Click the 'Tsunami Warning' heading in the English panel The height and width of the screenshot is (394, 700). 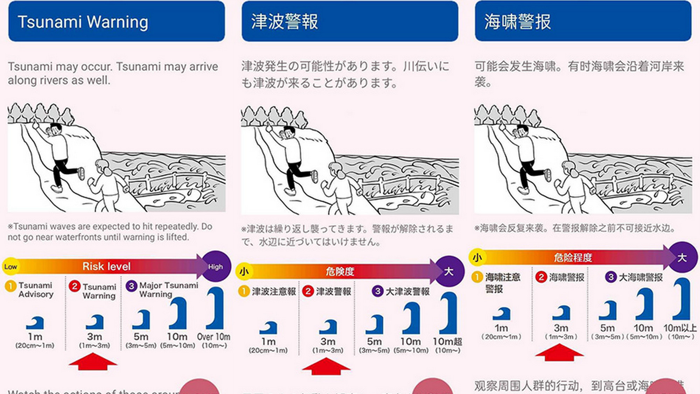[x=83, y=22]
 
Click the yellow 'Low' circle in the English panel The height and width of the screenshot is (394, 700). [x=10, y=267]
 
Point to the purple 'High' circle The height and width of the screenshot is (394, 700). [x=216, y=267]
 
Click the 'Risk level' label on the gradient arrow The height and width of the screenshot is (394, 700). [x=106, y=267]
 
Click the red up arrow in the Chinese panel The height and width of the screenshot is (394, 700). [x=559, y=352]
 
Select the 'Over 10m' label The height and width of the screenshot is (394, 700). [x=213, y=337]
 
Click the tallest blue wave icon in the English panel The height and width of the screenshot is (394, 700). [x=216, y=308]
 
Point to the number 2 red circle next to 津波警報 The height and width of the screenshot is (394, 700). [x=308, y=291]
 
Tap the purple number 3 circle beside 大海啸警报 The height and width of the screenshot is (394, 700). [x=611, y=277]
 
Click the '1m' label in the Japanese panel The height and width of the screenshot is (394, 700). [x=268, y=341]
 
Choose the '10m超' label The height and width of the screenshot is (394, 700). [x=447, y=341]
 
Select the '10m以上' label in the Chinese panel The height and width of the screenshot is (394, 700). [x=680, y=328]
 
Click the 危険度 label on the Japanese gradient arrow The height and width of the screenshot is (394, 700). [x=340, y=271]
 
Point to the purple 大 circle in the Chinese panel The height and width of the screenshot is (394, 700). [x=682, y=258]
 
